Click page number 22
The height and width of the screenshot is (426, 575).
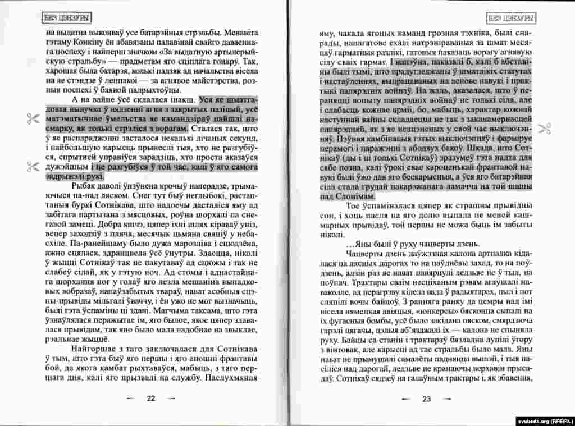pos(151,398)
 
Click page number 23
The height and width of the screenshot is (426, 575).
pos(426,399)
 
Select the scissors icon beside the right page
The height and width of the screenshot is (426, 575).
pos(544,128)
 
